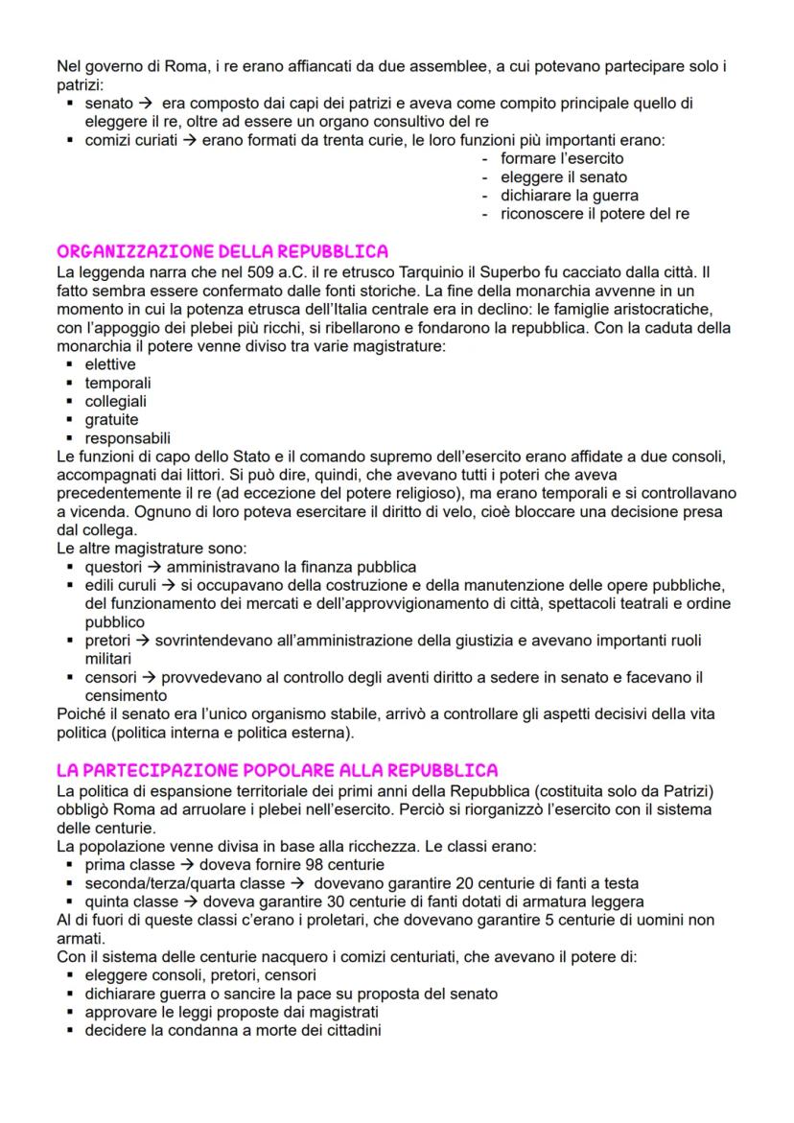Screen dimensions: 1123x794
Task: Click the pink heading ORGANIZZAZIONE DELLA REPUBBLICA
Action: click(x=222, y=253)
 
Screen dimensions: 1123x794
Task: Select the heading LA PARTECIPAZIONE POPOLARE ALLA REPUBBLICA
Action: click(x=277, y=770)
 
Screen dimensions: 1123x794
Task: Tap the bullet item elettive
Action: click(x=110, y=364)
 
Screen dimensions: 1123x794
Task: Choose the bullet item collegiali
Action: click(x=116, y=401)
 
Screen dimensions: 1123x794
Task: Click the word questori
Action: click(x=113, y=568)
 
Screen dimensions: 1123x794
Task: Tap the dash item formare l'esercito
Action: click(x=562, y=158)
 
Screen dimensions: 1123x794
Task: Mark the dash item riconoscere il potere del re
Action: click(x=595, y=214)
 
